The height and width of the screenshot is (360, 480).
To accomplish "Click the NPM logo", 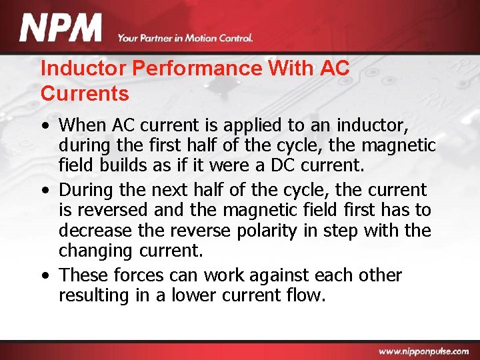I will (x=61, y=29).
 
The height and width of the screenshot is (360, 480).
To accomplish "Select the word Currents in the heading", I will (x=85, y=94).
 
